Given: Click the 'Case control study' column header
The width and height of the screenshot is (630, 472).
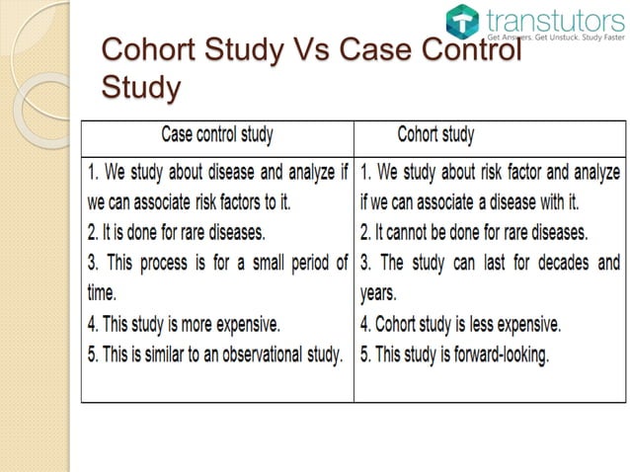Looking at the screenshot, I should pyautogui.click(x=217, y=134).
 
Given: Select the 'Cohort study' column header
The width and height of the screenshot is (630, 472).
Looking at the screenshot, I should pyautogui.click(x=434, y=134).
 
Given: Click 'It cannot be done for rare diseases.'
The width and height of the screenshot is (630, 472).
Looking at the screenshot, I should pyautogui.click(x=474, y=234).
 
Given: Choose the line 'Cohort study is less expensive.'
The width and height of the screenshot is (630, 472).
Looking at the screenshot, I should pyautogui.click(x=461, y=323).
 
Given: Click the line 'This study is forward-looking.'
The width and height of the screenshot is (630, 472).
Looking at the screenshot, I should pyautogui.click(x=454, y=354).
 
